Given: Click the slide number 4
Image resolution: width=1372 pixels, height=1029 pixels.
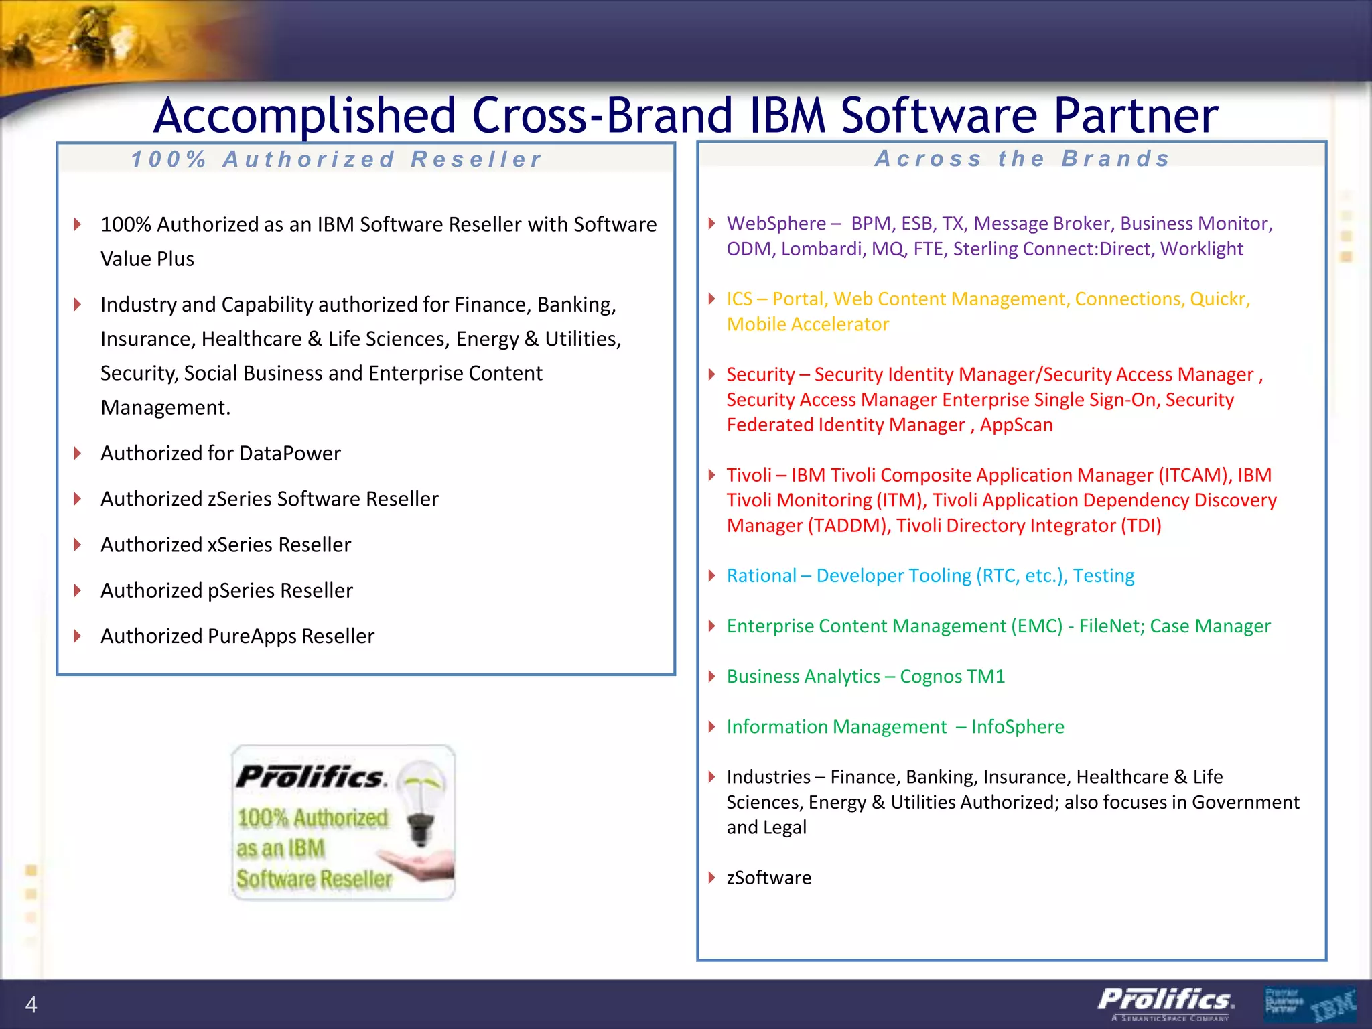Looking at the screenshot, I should click(31, 1004).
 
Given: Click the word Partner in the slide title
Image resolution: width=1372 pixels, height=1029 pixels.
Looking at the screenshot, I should click(1136, 116).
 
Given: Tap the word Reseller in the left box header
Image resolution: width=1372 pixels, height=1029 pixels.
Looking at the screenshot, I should click(476, 159).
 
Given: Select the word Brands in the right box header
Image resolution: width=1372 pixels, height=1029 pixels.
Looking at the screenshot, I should click(1116, 159).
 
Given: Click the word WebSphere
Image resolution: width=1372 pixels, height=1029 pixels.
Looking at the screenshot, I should click(776, 224).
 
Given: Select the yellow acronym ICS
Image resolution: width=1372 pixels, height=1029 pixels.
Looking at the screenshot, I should click(739, 299).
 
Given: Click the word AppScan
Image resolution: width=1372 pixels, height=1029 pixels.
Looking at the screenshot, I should click(1016, 425).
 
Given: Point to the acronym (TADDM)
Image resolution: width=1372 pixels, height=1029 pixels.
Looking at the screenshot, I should click(848, 526).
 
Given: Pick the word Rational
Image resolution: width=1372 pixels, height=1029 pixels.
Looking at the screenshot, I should click(761, 576).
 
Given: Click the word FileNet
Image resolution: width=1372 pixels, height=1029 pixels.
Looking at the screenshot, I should click(1111, 626).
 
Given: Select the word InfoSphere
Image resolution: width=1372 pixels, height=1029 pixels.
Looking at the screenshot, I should click(1017, 727).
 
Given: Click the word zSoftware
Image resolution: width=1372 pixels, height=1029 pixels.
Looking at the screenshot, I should click(768, 878).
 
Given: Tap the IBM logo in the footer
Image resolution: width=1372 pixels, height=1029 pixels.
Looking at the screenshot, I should click(1332, 1004).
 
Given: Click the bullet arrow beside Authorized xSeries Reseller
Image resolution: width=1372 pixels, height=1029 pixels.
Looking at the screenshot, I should click(78, 545).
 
